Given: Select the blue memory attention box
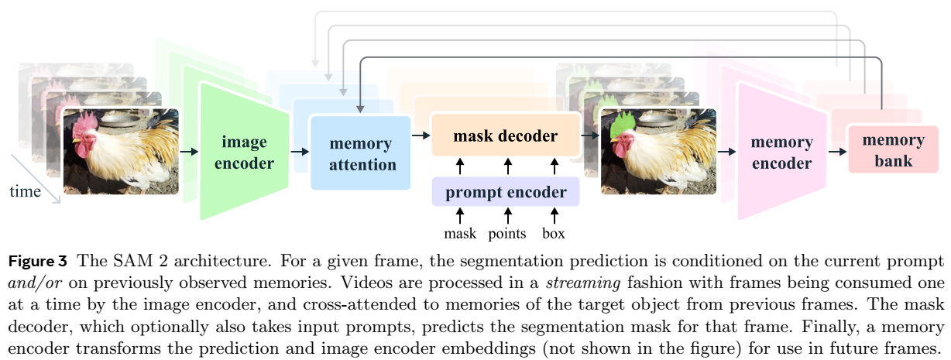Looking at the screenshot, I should (361, 153).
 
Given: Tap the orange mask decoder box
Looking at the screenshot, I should (505, 136).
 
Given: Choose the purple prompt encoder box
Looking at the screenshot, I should (505, 192).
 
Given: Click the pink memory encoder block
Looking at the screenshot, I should (781, 152).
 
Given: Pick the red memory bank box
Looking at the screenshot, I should (892, 150).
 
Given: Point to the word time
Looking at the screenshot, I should (25, 191).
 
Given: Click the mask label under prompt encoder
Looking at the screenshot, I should (459, 233).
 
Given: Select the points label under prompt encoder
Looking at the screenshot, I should (507, 233).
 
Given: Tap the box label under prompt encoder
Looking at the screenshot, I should (554, 233).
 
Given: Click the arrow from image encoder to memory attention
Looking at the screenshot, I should (300, 152).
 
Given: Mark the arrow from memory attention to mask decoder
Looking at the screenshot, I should (421, 135).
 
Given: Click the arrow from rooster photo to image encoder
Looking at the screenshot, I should (189, 152).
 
